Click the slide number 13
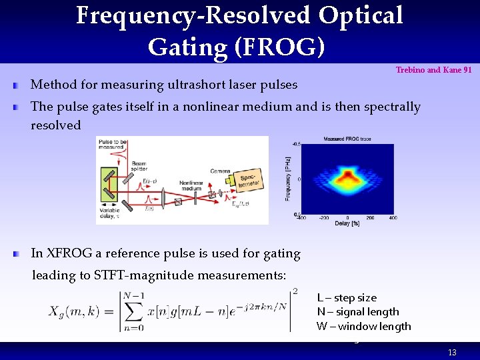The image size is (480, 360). (x=452, y=352)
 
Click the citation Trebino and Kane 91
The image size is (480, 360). (x=434, y=70)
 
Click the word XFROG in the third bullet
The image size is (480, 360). (x=69, y=253)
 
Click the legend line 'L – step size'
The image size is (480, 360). (x=347, y=297)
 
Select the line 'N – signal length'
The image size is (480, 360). (x=358, y=311)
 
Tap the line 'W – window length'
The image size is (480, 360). (x=364, y=326)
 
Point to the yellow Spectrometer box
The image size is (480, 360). (x=245, y=177)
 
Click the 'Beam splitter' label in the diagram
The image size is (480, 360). (x=139, y=166)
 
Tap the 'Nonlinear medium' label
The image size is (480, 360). (x=192, y=185)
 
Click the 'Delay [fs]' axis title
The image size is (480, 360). (x=346, y=223)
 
